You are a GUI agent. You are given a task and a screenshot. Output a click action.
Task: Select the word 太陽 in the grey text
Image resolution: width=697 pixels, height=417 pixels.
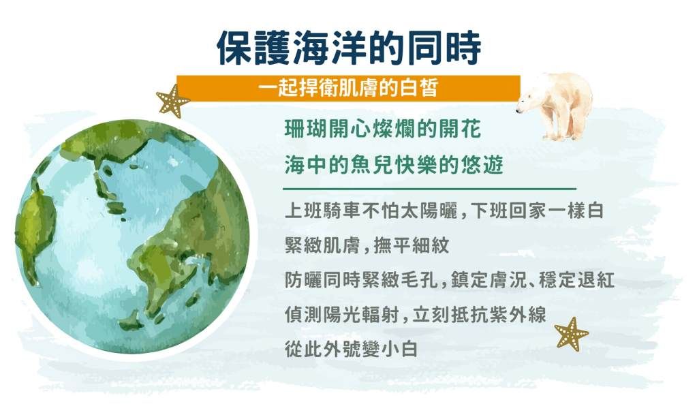click(x=418, y=211)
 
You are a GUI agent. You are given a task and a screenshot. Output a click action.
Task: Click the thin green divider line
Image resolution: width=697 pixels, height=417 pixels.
click(x=429, y=189)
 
